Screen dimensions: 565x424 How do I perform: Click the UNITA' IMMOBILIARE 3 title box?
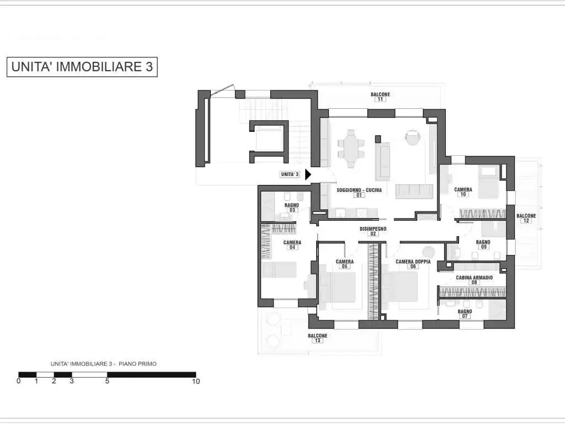[82, 67]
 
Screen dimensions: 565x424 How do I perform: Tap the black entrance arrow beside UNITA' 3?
[308, 174]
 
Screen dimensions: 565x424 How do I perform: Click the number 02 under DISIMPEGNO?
[373, 234]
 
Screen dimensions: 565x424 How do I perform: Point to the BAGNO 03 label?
[292, 208]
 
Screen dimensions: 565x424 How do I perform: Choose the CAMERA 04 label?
[292, 245]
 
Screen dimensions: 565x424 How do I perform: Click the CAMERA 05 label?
[344, 264]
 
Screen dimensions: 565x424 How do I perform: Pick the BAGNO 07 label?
[465, 314]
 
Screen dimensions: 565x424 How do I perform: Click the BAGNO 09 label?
[483, 245]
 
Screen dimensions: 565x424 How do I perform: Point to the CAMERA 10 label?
[463, 192]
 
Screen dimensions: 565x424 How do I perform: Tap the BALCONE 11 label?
[381, 97]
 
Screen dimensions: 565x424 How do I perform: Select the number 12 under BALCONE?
[526, 221]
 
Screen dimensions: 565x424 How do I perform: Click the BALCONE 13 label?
[317, 338]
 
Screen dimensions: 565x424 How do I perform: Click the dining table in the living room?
[351, 149]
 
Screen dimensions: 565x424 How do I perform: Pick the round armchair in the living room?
[413, 137]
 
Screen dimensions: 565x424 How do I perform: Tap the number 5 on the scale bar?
[107, 381]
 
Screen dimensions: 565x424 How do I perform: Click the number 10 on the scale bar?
[196, 381]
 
